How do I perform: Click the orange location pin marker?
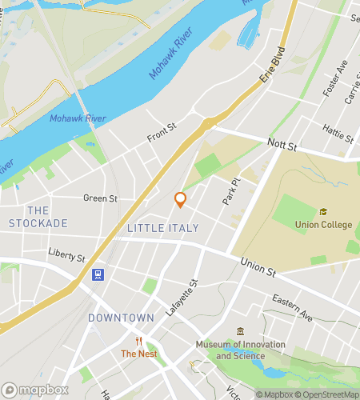[180, 199]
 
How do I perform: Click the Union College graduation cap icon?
[323, 212]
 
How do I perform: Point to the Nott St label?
[281, 147]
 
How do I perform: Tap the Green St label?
[100, 198]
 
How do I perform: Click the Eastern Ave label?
[291, 307]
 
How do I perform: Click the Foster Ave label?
[331, 79]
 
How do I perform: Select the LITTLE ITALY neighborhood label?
[162, 228]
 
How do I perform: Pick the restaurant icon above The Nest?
[138, 340]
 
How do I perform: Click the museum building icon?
[240, 332]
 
